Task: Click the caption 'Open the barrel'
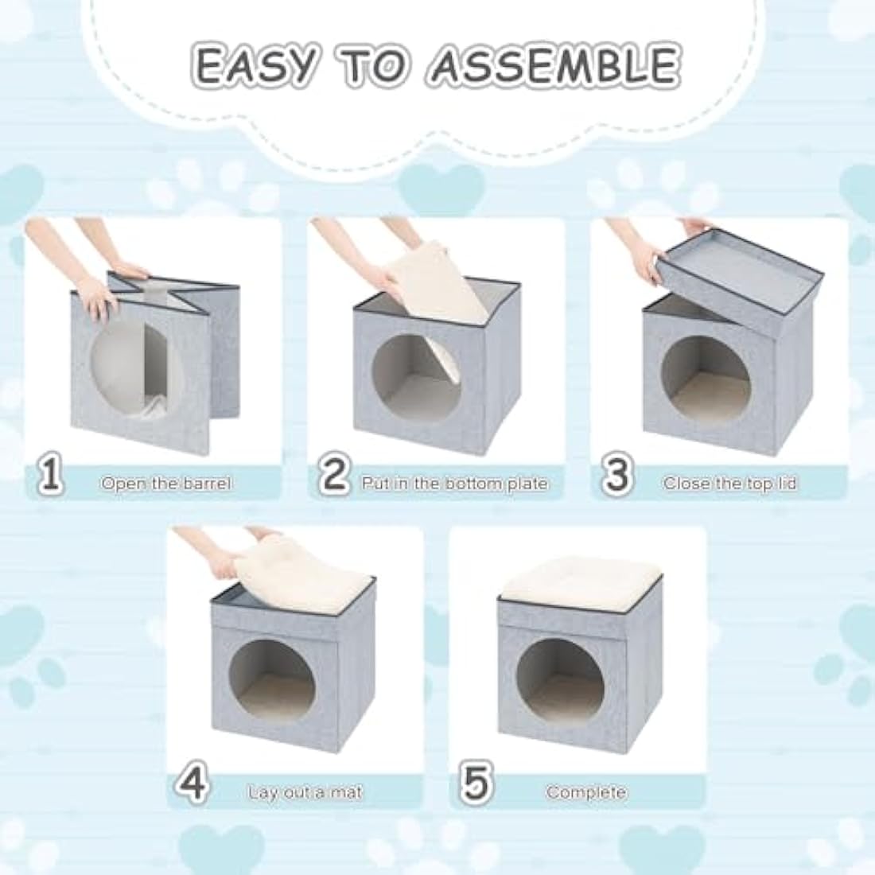click(x=166, y=484)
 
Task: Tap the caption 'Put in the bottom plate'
click(x=454, y=484)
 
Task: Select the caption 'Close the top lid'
click(x=729, y=484)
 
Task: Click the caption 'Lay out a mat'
click(x=305, y=792)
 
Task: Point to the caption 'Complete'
click(x=586, y=792)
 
